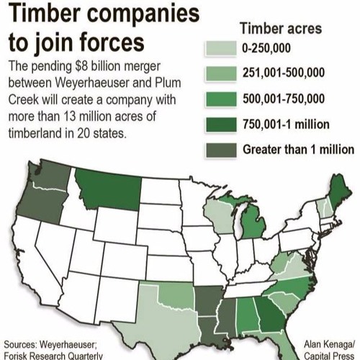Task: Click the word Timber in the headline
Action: pos(44,14)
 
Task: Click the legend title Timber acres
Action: pos(281,28)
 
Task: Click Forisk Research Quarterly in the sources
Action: pos(53,354)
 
